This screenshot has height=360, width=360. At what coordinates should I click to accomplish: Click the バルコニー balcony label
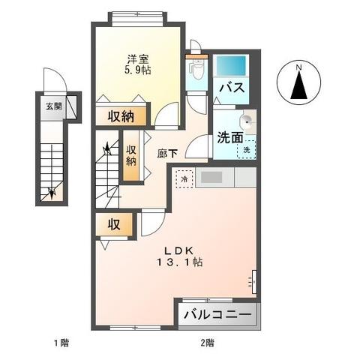tap(218, 316)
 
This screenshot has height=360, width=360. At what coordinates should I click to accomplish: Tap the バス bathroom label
tap(231, 88)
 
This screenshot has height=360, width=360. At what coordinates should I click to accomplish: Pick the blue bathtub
tap(233, 66)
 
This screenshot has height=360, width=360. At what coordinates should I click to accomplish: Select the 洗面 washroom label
tap(230, 137)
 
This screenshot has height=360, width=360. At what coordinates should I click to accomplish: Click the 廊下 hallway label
tap(167, 151)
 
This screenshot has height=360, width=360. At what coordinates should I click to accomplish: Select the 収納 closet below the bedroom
tap(120, 115)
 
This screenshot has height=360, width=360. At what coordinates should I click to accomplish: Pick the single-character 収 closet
tap(114, 224)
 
